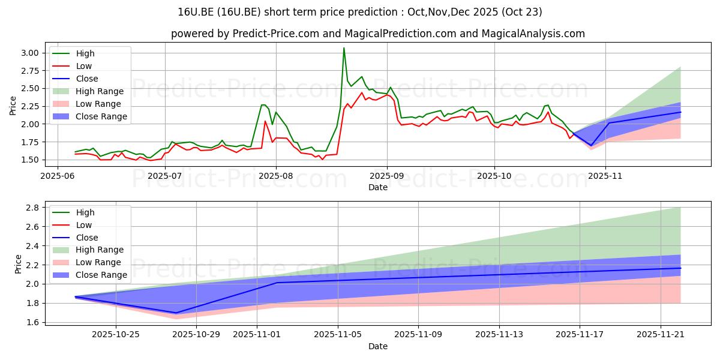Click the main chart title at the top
click(360, 12)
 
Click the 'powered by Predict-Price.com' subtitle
click(378, 34)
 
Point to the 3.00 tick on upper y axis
click(30, 53)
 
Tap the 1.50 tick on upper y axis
click(30, 160)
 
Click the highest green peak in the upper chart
click(344, 48)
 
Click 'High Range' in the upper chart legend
click(100, 91)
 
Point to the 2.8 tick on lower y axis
click(33, 208)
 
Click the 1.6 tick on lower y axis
click(33, 322)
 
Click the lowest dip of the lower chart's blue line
click(176, 313)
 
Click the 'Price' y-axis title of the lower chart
click(18, 265)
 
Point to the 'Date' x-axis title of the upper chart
click(378, 187)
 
